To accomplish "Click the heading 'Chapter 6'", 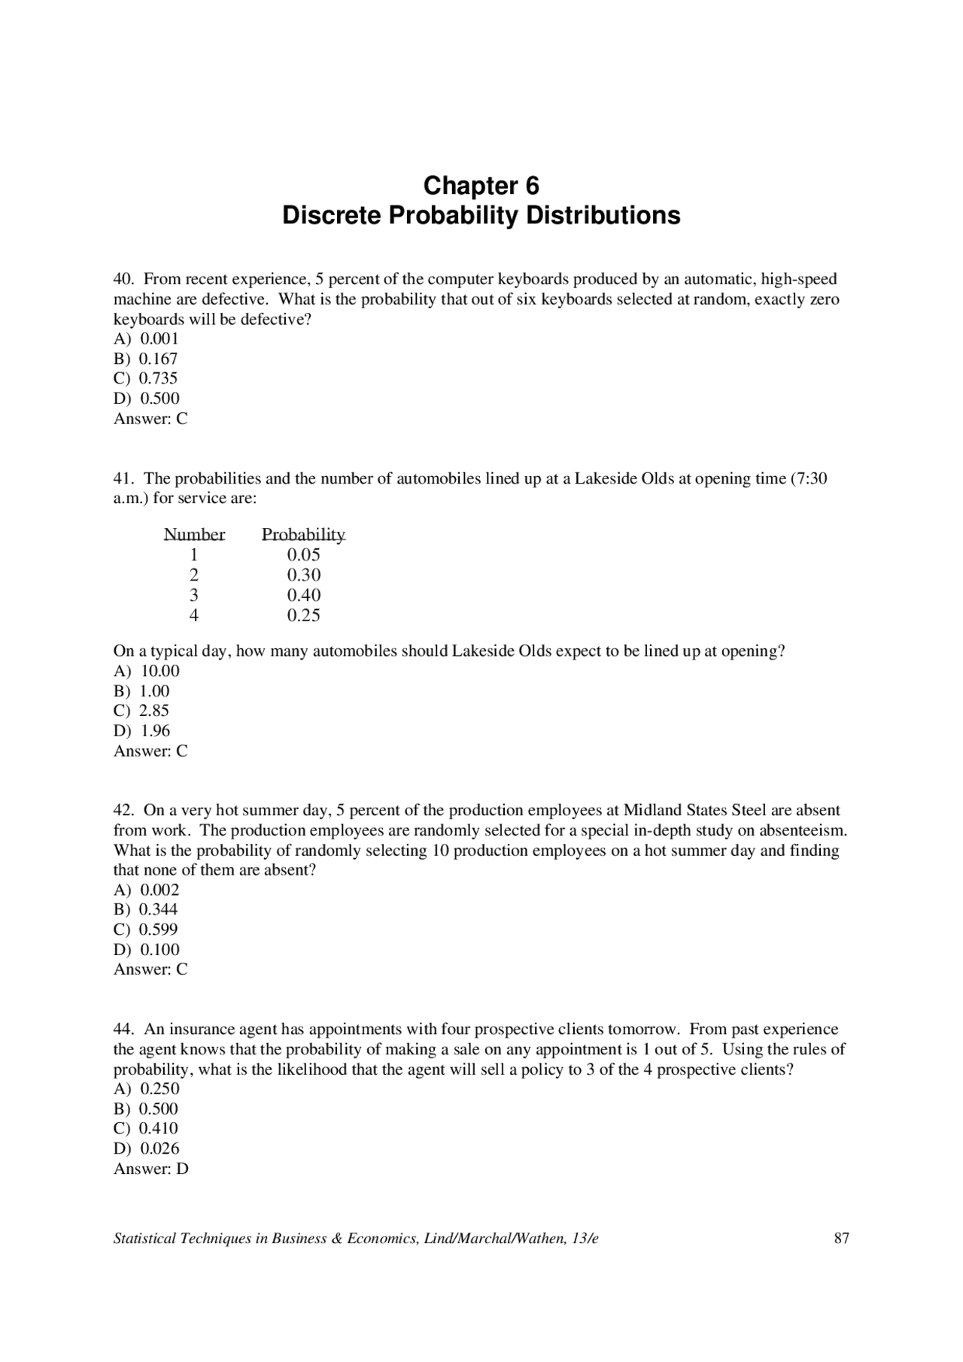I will click(481, 186).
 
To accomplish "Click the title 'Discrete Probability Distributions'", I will click(481, 216).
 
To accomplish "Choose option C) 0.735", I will click(146, 378).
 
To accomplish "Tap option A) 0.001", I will click(146, 338).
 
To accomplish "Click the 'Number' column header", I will click(194, 535).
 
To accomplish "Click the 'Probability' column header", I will click(303, 535).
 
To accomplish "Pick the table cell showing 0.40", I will click(303, 595).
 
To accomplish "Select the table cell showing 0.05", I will click(303, 555).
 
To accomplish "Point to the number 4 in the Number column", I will click(194, 615).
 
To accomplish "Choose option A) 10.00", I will click(147, 671).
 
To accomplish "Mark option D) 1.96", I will click(142, 731).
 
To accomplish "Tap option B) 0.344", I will click(146, 909).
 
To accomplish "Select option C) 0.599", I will click(146, 930).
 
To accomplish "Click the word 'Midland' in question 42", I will click(652, 811).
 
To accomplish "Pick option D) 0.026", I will click(147, 1148).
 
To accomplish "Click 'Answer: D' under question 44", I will click(150, 1169).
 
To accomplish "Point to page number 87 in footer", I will click(841, 1239).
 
